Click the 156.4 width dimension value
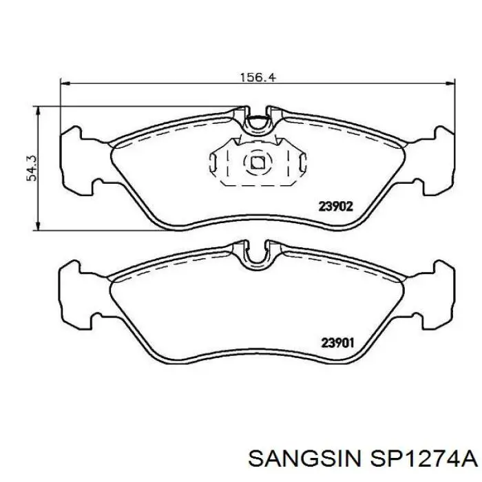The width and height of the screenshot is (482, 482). click(x=258, y=77)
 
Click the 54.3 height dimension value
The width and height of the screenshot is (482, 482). click(x=32, y=169)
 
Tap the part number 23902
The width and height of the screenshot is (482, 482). click(x=335, y=207)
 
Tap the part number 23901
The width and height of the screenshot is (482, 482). click(x=337, y=343)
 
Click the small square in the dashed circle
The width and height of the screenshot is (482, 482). click(x=258, y=163)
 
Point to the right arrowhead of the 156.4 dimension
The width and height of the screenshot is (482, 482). click(x=450, y=83)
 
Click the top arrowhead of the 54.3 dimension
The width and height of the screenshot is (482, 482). click(x=38, y=111)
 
